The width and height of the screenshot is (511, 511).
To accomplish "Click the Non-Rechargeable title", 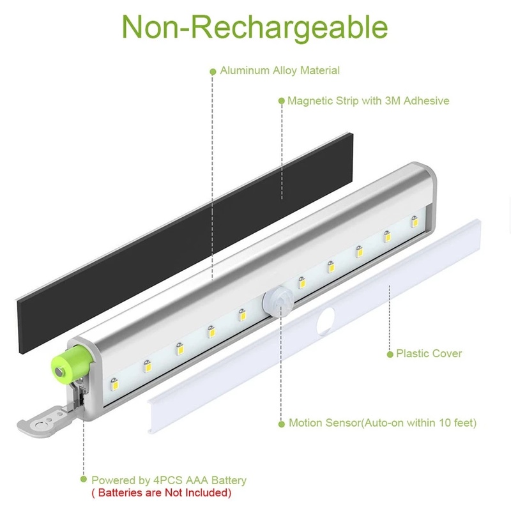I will click(x=255, y=27).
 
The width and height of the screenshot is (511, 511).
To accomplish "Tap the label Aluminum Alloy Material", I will click(x=280, y=71).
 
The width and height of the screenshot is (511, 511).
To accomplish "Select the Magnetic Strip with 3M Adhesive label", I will click(x=368, y=101).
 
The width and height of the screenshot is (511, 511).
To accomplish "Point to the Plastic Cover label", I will click(x=429, y=353).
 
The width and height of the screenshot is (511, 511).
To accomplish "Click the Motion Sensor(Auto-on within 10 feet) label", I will click(x=382, y=423).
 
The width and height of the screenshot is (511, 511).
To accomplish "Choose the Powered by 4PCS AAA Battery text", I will click(x=169, y=480).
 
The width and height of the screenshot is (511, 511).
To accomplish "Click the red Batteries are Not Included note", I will click(x=160, y=492).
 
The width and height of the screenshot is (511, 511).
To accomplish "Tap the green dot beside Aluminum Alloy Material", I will click(x=213, y=72).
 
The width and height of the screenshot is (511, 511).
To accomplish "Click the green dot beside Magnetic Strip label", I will click(x=281, y=101).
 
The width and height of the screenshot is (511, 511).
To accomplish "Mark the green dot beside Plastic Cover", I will click(x=390, y=353).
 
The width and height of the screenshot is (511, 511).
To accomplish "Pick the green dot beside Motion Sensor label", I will click(x=282, y=423).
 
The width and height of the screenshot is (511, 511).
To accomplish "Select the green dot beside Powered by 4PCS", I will click(x=84, y=480).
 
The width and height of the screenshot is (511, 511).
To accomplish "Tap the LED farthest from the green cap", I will click(x=414, y=222).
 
